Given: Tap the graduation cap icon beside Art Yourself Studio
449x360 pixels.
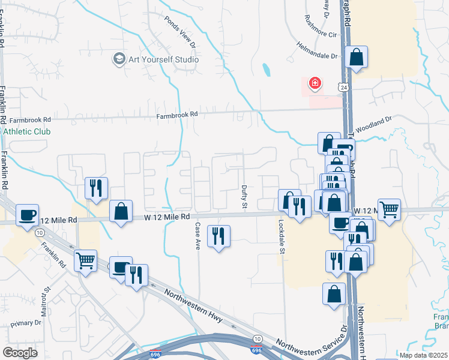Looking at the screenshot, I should pos(118,59).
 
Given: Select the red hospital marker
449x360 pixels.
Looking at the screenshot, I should pos(314,83).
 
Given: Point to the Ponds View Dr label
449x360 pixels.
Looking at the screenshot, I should pos(180,31).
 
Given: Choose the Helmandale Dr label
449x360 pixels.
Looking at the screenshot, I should pos(318,51).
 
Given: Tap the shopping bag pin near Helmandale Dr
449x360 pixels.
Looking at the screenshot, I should pos(356,58).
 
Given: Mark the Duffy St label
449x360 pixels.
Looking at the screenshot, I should pos(244,197).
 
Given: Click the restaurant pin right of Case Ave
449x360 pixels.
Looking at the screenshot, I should pos(218,235).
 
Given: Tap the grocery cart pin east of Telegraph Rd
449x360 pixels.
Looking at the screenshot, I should pos(389,209).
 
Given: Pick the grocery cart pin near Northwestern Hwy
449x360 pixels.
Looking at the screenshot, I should pos(86,260).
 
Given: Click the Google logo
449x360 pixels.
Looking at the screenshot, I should pos(20,353).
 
